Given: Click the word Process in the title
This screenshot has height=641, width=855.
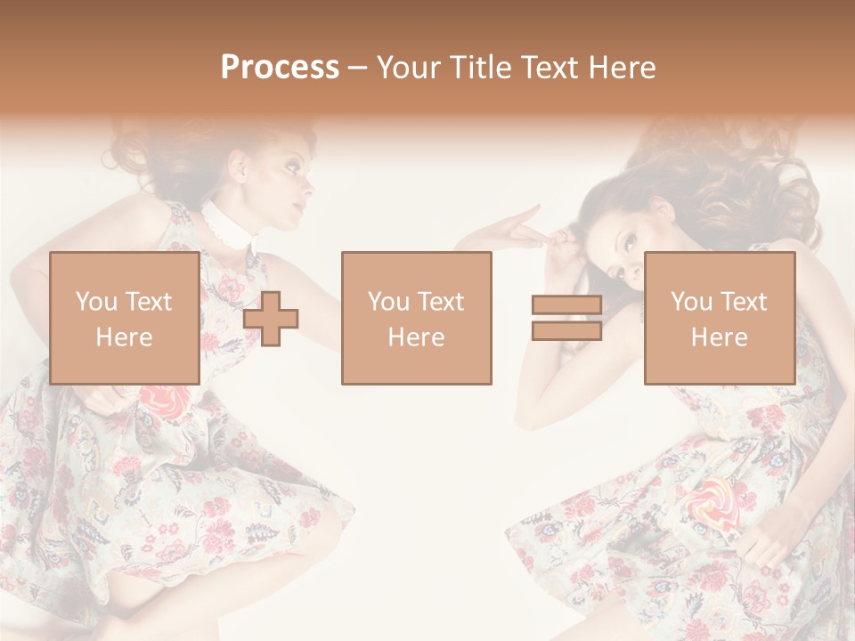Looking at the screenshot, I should coord(280,67).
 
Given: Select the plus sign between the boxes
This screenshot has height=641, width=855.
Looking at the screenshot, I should coord(271,319).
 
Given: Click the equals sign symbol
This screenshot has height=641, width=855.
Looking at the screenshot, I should coord(566,318).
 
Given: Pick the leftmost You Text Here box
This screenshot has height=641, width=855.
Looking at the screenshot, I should coord(125,318).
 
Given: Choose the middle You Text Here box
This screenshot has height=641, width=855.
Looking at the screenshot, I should coord(416,318).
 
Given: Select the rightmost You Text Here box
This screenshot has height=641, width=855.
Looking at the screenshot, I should coord(719,318).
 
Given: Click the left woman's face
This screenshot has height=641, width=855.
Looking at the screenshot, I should coord(285,183).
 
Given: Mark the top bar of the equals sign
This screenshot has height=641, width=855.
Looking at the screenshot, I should coord(566,305).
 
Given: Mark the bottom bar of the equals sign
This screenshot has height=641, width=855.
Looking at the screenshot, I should coord(566,330).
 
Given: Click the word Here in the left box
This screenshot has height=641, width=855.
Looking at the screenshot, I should coord(124,337).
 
